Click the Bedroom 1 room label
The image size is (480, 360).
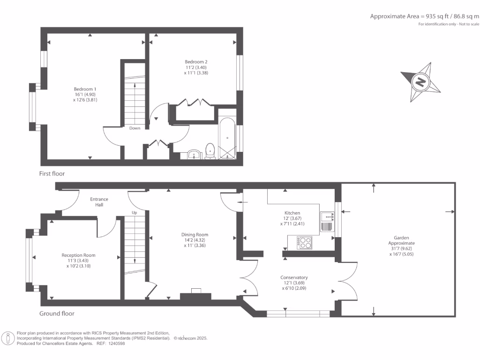click(85, 89)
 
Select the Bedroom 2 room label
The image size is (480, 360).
click(196, 62)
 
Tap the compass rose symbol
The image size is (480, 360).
click(420, 82)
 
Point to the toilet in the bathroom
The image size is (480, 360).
click(210, 151)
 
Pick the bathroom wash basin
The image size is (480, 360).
click(193, 154)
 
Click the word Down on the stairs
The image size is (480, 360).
click(135, 128)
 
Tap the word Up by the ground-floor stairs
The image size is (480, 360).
click(134, 212)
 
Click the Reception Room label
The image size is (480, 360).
click(78, 255)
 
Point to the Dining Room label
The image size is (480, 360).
click(195, 235)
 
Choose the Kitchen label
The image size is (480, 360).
click(292, 213)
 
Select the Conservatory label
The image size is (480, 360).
click(294, 277)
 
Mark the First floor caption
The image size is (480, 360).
click(52, 173)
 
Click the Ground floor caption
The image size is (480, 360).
click(57, 314)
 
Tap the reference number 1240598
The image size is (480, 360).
click(116, 344)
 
